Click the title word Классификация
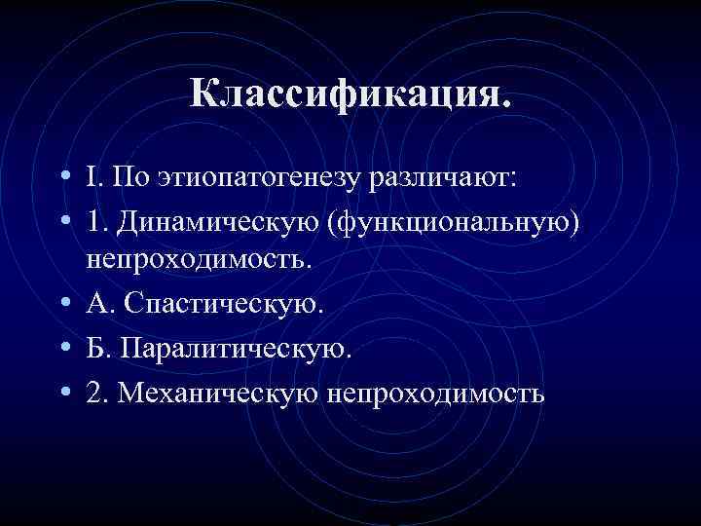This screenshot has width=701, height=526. pos(350,95)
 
